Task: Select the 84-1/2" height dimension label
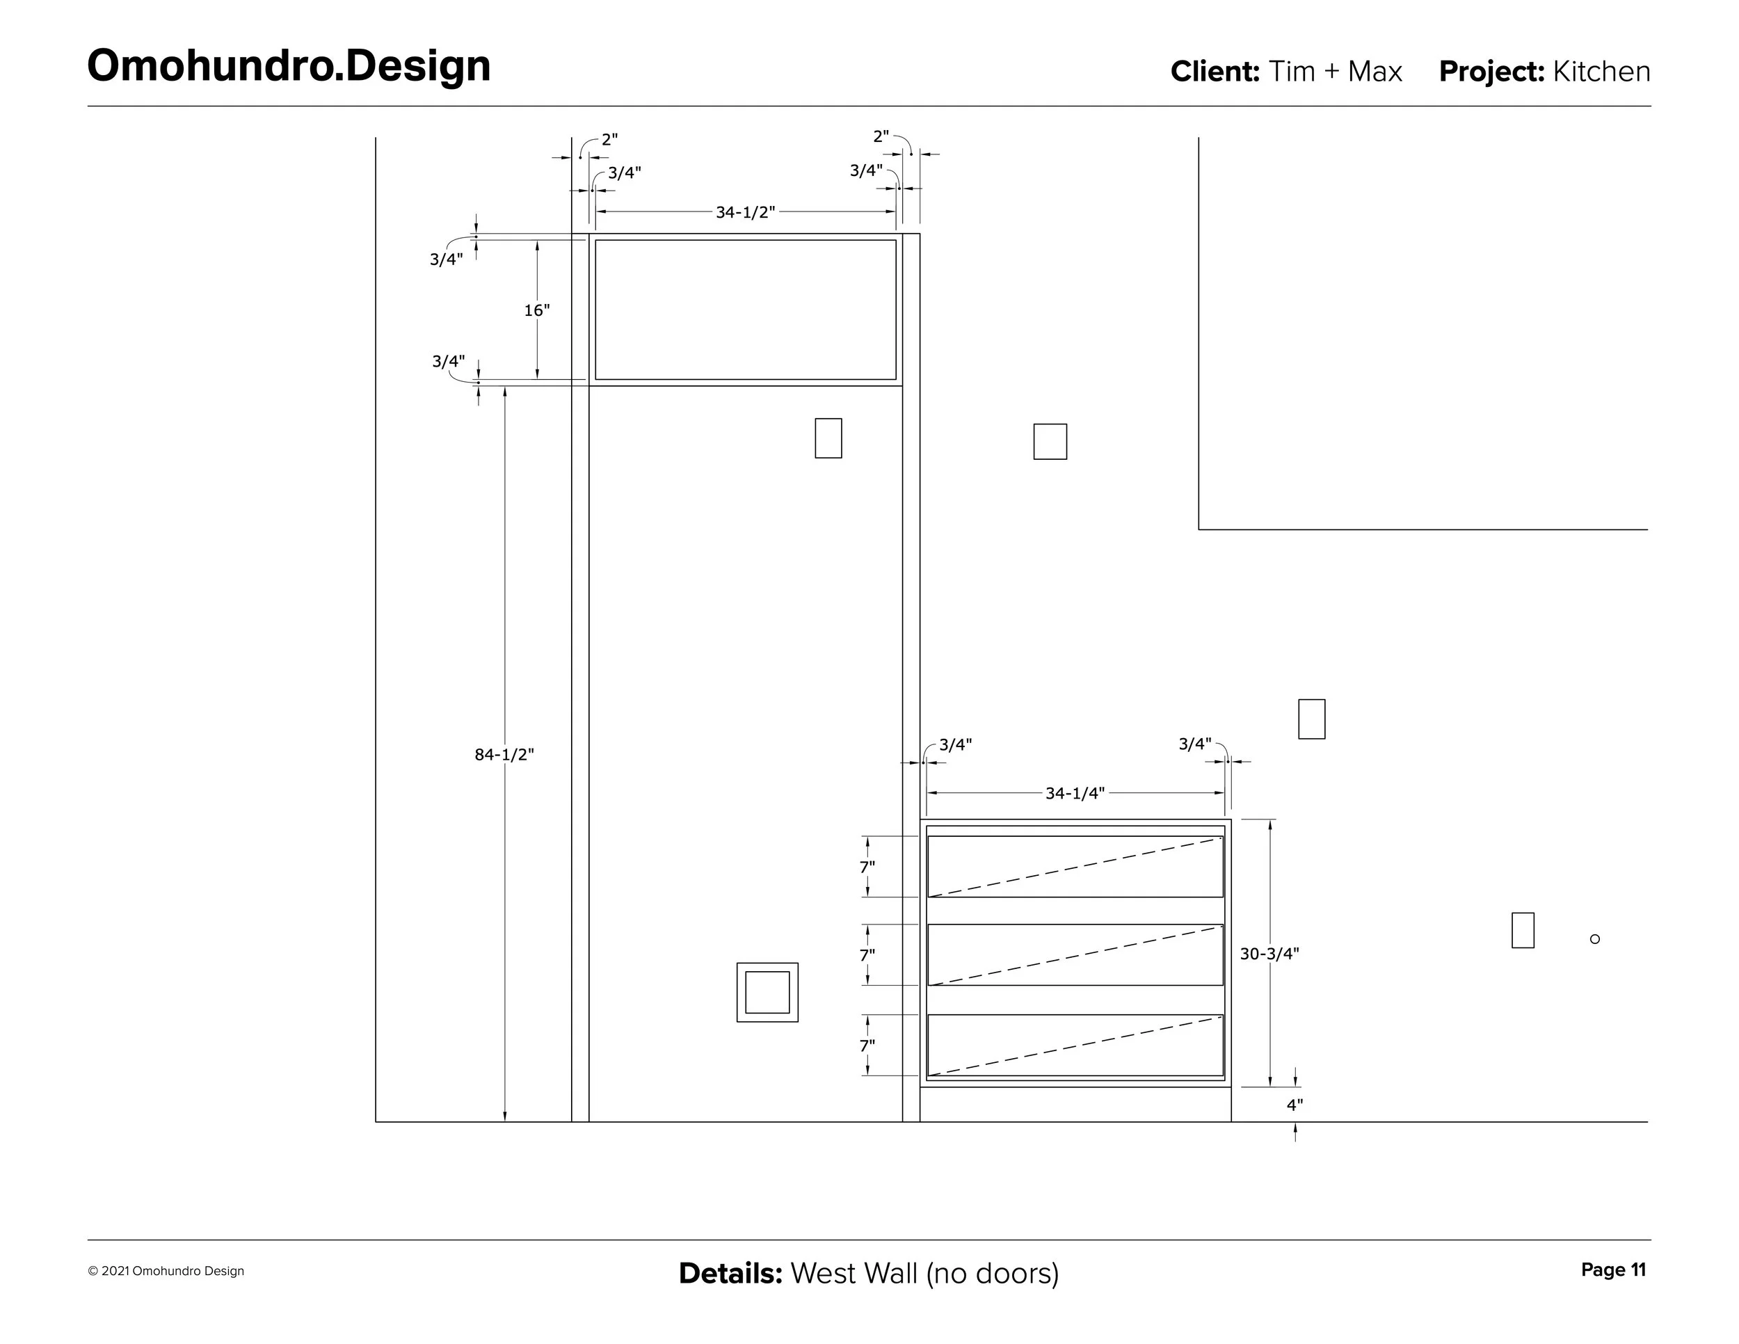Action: [x=504, y=755]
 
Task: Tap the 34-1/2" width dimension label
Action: [x=744, y=213]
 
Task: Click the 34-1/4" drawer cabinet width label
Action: [x=1075, y=793]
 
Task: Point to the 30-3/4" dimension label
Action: [x=1269, y=954]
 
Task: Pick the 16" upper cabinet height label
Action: [x=537, y=310]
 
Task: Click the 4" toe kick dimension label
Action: [x=1295, y=1105]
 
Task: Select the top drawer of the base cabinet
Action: [x=1075, y=866]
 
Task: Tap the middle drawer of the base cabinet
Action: [x=1075, y=954]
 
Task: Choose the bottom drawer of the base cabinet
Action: [x=1075, y=1045]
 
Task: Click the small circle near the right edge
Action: [x=1594, y=938]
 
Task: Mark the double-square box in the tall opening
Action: [x=767, y=992]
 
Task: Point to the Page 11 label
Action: [x=1613, y=1270]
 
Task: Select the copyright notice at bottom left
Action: [x=166, y=1272]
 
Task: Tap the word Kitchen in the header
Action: [x=1601, y=72]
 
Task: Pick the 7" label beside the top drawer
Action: [x=867, y=867]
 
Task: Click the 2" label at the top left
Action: [x=609, y=139]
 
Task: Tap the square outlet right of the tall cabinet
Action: [x=1050, y=442]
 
